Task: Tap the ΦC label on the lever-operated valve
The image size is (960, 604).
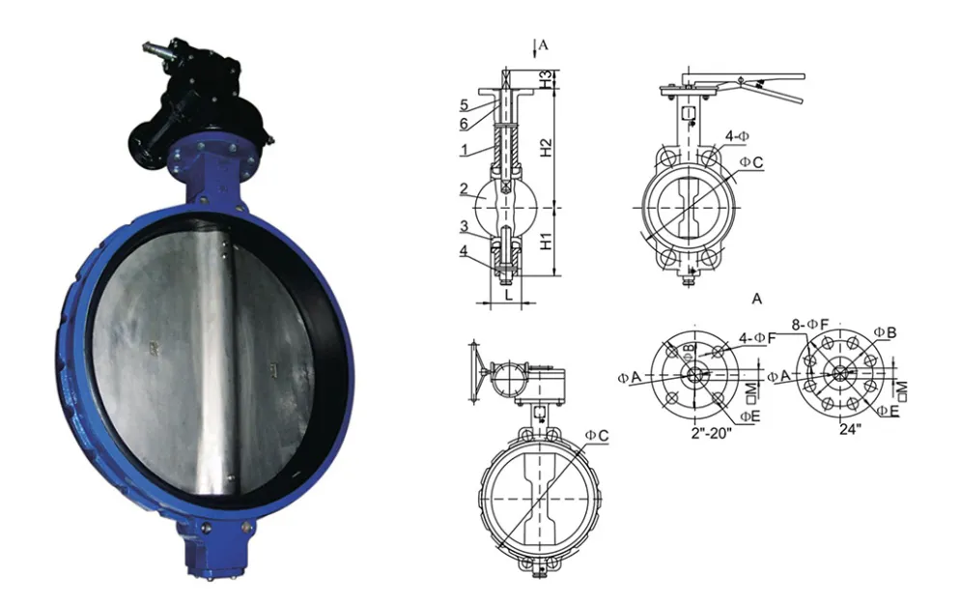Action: (x=751, y=162)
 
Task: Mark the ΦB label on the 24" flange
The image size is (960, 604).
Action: (x=885, y=332)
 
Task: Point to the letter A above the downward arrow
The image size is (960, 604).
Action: (x=544, y=44)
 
